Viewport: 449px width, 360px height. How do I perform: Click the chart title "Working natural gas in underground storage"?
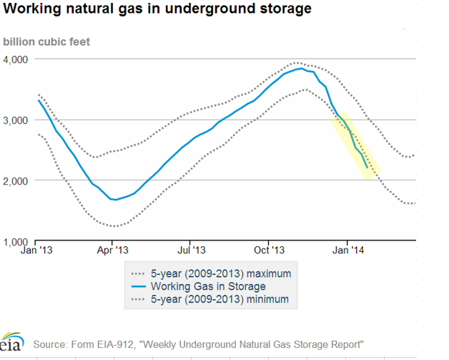click(x=157, y=9)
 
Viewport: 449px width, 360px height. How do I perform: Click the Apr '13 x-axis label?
click(x=112, y=251)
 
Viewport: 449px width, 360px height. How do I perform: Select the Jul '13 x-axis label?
click(x=191, y=251)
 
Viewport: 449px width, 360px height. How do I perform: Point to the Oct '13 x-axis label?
click(x=269, y=251)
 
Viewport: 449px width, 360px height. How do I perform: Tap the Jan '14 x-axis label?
click(x=347, y=251)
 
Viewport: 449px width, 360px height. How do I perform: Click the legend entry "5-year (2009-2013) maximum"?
click(x=222, y=273)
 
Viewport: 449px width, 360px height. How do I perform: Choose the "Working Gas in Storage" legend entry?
click(x=207, y=286)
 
